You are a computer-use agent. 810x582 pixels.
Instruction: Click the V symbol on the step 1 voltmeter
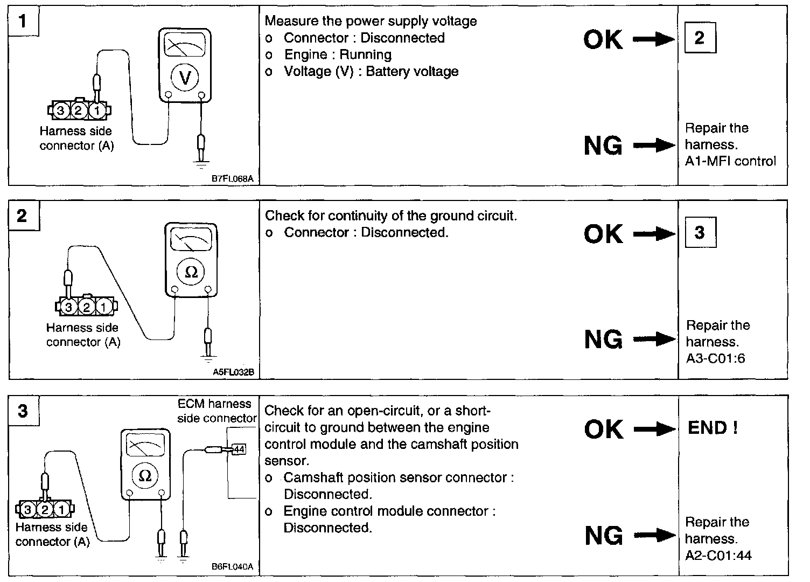(x=185, y=79)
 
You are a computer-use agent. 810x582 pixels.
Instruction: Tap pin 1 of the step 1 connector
(x=97, y=111)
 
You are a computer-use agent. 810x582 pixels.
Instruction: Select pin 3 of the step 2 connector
(x=68, y=308)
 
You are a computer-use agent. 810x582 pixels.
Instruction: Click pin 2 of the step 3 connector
(x=45, y=510)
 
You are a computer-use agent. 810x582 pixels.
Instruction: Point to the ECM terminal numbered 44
(x=239, y=448)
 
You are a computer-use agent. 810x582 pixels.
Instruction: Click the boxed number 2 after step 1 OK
(x=699, y=38)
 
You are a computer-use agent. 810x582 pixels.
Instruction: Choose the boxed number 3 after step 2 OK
(x=699, y=232)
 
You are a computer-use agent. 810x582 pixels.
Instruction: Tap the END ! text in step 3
(x=713, y=428)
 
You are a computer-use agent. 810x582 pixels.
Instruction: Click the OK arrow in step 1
(x=653, y=39)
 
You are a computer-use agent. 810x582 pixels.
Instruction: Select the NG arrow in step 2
(x=654, y=339)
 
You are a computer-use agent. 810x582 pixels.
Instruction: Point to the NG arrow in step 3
(x=654, y=535)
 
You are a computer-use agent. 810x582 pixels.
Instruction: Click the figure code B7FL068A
(x=232, y=179)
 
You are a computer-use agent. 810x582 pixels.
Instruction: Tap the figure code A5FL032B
(x=233, y=372)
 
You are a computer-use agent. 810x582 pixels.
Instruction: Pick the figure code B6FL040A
(x=232, y=567)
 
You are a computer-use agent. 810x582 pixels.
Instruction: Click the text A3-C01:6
(x=715, y=358)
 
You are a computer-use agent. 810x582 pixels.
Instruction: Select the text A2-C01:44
(x=718, y=555)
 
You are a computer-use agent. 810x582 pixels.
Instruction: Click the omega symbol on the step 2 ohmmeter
(x=191, y=273)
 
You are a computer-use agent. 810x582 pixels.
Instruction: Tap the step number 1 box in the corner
(x=22, y=21)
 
